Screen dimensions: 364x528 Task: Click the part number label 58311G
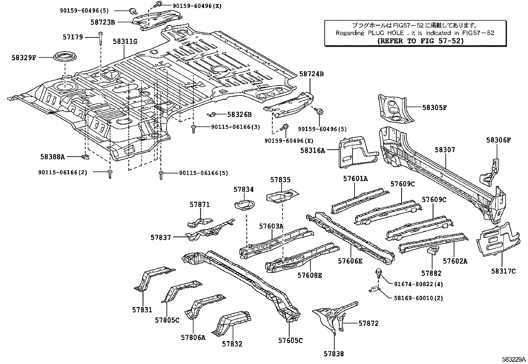[x=125, y=41]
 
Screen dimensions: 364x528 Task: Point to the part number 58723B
[x=102, y=23]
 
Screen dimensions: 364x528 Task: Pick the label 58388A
[x=53, y=157]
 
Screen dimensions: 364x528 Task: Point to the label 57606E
[x=350, y=261]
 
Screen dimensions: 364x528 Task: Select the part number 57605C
[x=290, y=340]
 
